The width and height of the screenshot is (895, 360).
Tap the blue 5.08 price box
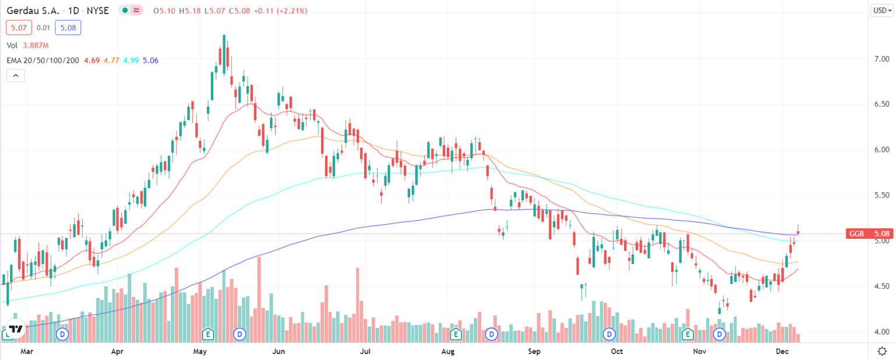pyautogui.click(x=69, y=27)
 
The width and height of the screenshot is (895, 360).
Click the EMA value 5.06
pyautogui.click(x=150, y=60)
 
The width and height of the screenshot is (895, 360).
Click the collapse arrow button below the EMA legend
pyautogui.click(x=15, y=76)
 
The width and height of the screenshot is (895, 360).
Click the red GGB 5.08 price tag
pyautogui.click(x=868, y=234)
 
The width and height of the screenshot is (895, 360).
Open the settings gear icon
pyautogui.click(x=882, y=351)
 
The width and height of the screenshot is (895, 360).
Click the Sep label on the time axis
pyautogui.click(x=534, y=351)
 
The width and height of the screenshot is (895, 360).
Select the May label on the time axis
pyautogui.click(x=200, y=351)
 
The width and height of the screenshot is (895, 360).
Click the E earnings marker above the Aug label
pyautogui.click(x=456, y=334)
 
